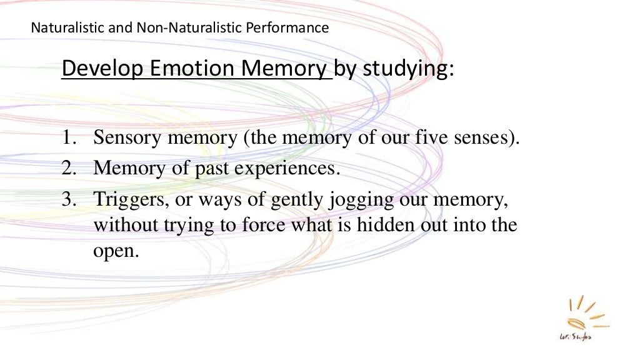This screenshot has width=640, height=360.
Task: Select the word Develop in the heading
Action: click(x=104, y=69)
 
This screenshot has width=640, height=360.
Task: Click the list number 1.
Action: click(x=68, y=138)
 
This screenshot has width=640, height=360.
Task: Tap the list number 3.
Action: click(x=68, y=199)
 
